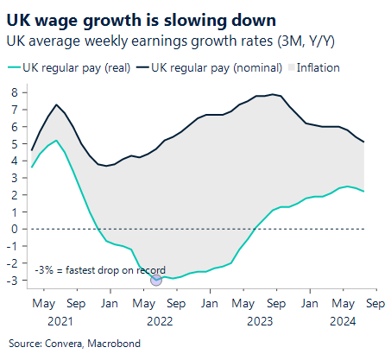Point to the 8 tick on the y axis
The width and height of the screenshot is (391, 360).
click(15, 92)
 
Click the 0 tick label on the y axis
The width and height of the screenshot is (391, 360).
click(15, 229)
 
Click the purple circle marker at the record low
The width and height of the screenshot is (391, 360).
click(156, 278)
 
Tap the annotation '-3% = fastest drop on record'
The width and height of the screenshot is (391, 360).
click(100, 269)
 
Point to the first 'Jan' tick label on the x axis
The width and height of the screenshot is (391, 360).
click(110, 304)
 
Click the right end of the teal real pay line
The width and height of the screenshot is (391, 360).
click(363, 191)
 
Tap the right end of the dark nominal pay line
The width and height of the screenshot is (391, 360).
click(363, 142)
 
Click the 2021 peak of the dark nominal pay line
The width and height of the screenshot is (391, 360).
click(56, 104)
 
